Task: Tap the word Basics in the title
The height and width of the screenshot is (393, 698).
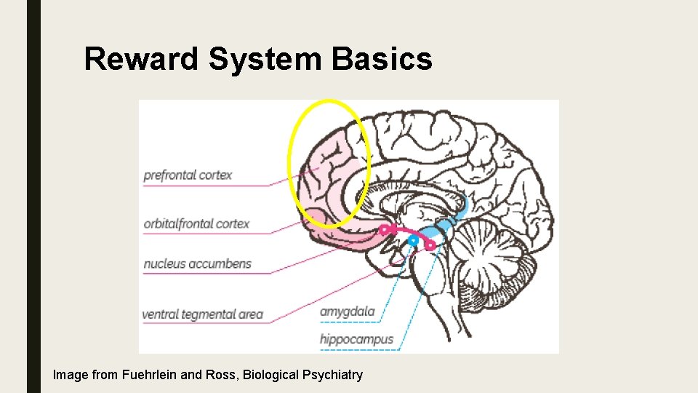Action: coord(382,59)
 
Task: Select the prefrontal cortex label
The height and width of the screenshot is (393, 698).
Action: coord(188,175)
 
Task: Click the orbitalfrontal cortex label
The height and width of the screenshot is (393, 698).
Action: coord(196,223)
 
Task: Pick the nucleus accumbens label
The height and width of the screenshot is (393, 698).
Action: coord(197,263)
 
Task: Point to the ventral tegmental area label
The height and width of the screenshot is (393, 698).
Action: coord(202,314)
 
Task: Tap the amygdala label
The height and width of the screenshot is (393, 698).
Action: coord(348,311)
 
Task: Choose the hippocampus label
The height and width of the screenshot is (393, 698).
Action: coord(356,339)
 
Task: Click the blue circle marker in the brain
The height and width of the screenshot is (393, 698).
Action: coord(413,239)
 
